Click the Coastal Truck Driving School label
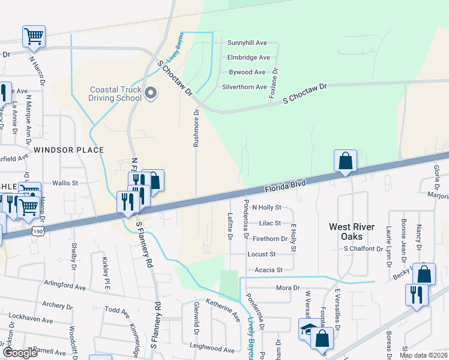click(x=115, y=94)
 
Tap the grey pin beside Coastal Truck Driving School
click(x=151, y=92)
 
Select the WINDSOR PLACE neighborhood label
click(x=69, y=150)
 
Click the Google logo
click(x=20, y=353)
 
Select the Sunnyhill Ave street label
click(x=247, y=43)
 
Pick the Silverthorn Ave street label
click(x=244, y=87)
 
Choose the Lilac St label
click(x=270, y=223)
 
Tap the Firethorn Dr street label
click(x=270, y=239)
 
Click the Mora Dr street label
click(x=288, y=288)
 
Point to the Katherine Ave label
click(x=223, y=309)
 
